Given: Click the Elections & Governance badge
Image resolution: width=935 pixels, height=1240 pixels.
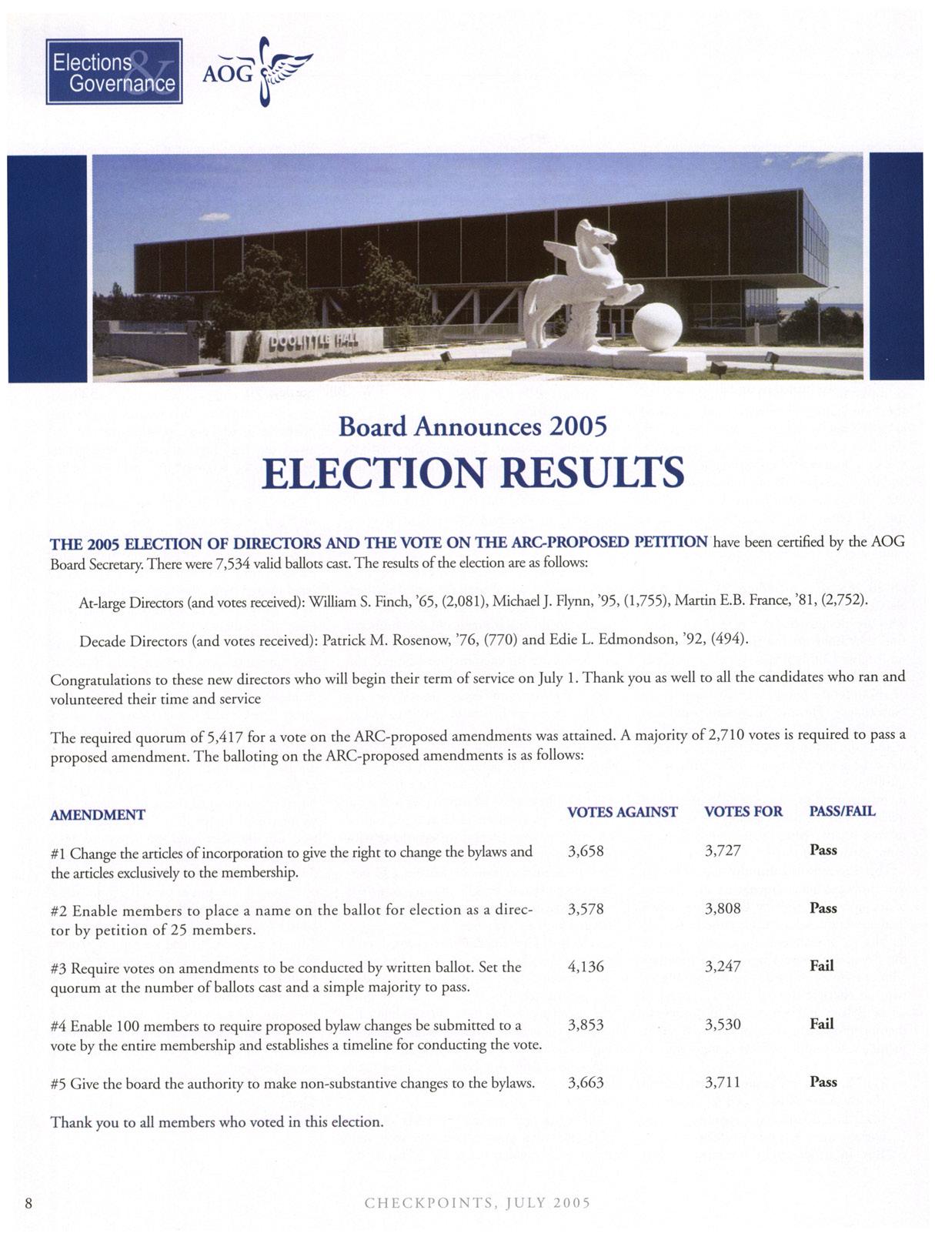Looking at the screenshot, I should click(x=114, y=72).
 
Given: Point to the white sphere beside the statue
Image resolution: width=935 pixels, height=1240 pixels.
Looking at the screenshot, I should click(x=656, y=326).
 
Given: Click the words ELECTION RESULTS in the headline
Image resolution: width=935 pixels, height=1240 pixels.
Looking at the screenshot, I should click(x=473, y=472).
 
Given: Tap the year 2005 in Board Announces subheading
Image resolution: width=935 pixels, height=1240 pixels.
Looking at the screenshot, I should click(x=578, y=426).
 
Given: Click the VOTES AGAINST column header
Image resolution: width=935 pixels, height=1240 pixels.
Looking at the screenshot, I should click(x=622, y=811).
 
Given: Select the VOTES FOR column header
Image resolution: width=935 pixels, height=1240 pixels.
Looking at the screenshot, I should click(x=743, y=811).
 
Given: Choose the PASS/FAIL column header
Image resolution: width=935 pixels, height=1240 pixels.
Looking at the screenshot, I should click(x=842, y=811).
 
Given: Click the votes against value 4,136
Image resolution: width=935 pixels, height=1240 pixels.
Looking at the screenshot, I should click(x=585, y=966).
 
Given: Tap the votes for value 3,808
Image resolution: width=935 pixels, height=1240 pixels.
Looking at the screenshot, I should click(x=723, y=908).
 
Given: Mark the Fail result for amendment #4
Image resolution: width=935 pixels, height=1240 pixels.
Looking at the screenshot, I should click(x=821, y=1024).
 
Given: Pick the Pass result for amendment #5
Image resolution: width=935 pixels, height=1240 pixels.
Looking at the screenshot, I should click(x=823, y=1081).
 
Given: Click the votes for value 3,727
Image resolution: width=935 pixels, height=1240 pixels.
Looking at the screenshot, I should click(x=723, y=851).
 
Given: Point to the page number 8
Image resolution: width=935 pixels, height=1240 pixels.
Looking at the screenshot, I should click(x=28, y=1203).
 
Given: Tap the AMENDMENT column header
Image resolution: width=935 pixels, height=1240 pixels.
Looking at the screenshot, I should click(x=98, y=814).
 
